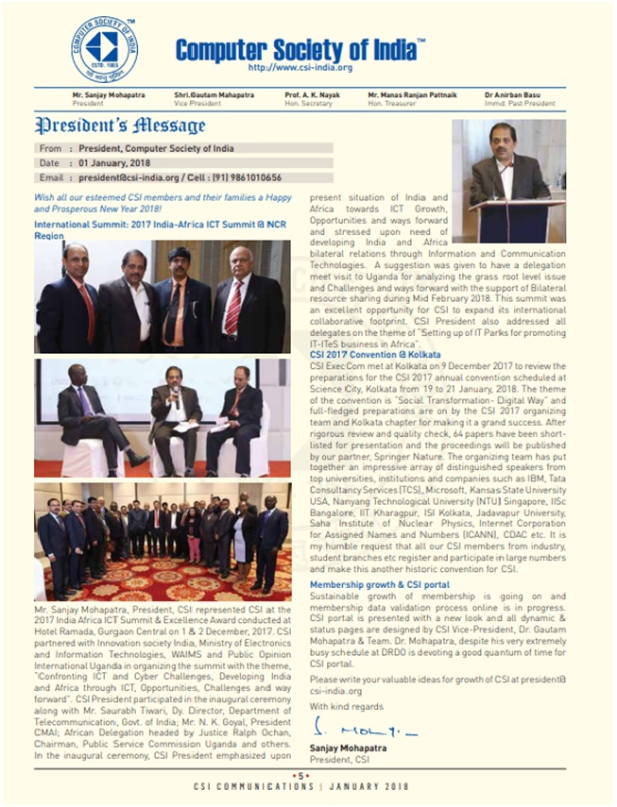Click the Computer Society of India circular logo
coord(104,48)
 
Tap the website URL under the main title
coord(300,68)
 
